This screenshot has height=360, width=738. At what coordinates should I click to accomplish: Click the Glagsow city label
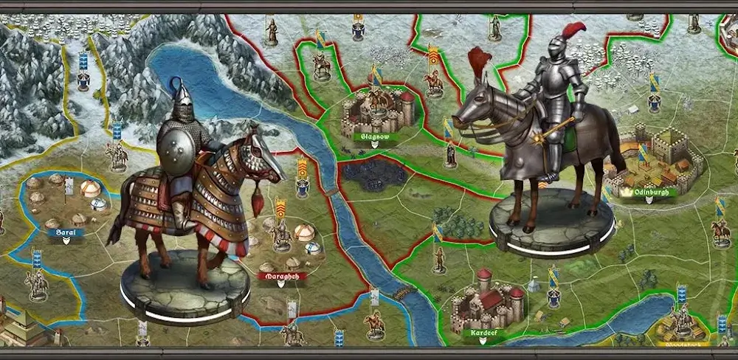click(375, 136)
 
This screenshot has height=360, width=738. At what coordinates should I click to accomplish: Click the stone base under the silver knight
click(551, 222)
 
